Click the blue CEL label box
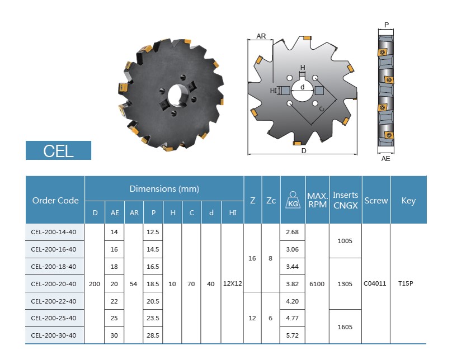coord(58,150)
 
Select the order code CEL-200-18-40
coord(54,267)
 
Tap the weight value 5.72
coord(293,335)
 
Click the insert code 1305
coord(345,284)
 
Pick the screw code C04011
coord(375,283)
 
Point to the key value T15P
coord(406,283)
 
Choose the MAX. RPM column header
coord(317,200)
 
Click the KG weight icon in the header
coord(293,200)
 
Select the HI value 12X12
coord(232,283)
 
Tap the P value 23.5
coord(153,318)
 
